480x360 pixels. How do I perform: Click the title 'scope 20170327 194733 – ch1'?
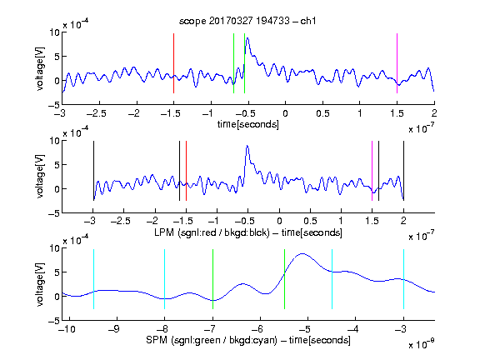pyautogui.click(x=247, y=21)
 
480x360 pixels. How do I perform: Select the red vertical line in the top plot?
pyautogui.click(x=173, y=63)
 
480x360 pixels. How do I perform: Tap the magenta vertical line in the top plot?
pyautogui.click(x=397, y=63)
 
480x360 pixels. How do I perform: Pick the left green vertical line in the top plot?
pyautogui.click(x=233, y=63)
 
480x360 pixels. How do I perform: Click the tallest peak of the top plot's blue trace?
pyautogui.click(x=247, y=38)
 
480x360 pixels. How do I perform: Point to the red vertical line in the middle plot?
pyautogui.click(x=186, y=171)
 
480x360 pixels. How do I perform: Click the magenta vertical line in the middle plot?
pyautogui.click(x=372, y=171)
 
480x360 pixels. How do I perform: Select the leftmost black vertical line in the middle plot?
pyautogui.click(x=93, y=171)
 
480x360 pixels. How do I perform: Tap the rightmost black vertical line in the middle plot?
pyautogui.click(x=403, y=171)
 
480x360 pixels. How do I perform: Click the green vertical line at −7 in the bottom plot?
pyautogui.click(x=212, y=279)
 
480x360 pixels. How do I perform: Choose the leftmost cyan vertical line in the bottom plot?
pyautogui.click(x=93, y=279)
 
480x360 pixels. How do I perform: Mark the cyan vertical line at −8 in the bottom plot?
pyautogui.click(x=164, y=279)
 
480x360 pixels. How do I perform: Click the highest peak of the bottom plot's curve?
pyautogui.click(x=302, y=254)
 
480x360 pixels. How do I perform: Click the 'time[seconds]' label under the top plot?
pyautogui.click(x=248, y=124)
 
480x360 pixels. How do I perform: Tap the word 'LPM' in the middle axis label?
pyautogui.click(x=164, y=232)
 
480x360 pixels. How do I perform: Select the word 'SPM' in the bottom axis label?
pyautogui.click(x=157, y=340)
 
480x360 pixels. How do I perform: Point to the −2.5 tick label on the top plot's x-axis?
pyautogui.click(x=96, y=113)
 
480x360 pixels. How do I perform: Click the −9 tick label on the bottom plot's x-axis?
pyautogui.click(x=114, y=329)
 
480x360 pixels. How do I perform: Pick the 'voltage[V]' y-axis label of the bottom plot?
pyautogui.click(x=40, y=284)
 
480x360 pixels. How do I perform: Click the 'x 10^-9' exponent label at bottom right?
pyautogui.click(x=421, y=343)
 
